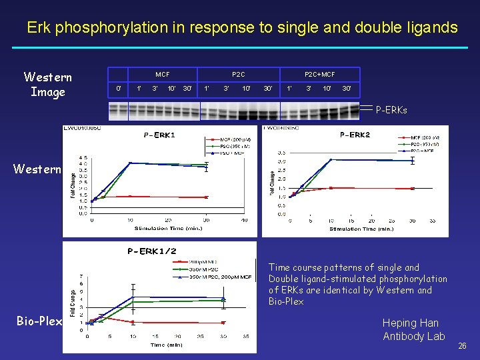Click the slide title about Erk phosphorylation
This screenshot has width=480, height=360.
tap(242, 28)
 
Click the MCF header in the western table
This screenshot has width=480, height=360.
tap(162, 74)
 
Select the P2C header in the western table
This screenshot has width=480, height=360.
tap(238, 74)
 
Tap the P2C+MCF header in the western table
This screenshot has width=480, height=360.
tap(319, 74)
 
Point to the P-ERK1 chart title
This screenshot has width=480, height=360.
tap(159, 135)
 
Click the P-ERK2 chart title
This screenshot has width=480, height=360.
tap(355, 135)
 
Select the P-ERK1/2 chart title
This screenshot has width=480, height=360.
tap(153, 251)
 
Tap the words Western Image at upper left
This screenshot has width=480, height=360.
tap(47, 85)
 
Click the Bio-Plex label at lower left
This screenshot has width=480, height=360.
tap(39, 322)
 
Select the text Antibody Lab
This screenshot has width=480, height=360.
tap(413, 337)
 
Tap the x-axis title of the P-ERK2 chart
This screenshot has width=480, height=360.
tap(361, 229)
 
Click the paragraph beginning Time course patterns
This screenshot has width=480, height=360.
tap(358, 285)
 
